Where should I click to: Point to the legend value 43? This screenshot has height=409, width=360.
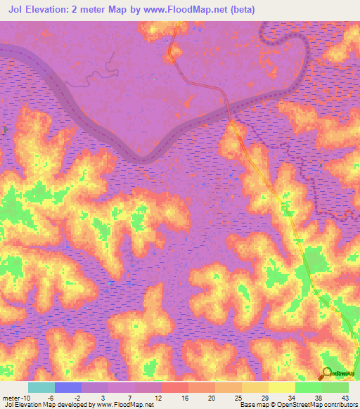pos(345,397)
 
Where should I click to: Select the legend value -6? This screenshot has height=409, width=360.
pos(58,397)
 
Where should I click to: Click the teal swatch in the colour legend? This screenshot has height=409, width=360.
pos(41,387)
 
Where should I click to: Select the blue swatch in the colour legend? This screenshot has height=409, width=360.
pos(68,387)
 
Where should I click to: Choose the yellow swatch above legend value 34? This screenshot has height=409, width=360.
pos(282,387)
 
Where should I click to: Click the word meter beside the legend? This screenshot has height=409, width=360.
pos(12,397)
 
